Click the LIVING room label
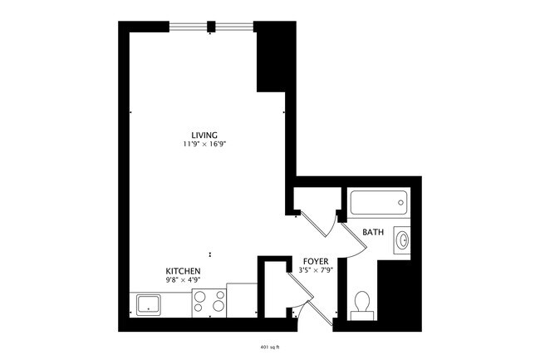tap(204, 135)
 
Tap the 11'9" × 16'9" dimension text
tap(204, 144)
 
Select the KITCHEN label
tap(182, 272)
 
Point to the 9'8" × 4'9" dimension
tap(182, 281)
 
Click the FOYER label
tap(314, 259)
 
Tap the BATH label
tap(373, 233)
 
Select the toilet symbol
tap(362, 303)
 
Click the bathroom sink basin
tap(403, 240)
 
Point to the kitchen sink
tap(150, 303)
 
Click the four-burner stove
tap(209, 300)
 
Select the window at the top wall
tap(211, 27)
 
